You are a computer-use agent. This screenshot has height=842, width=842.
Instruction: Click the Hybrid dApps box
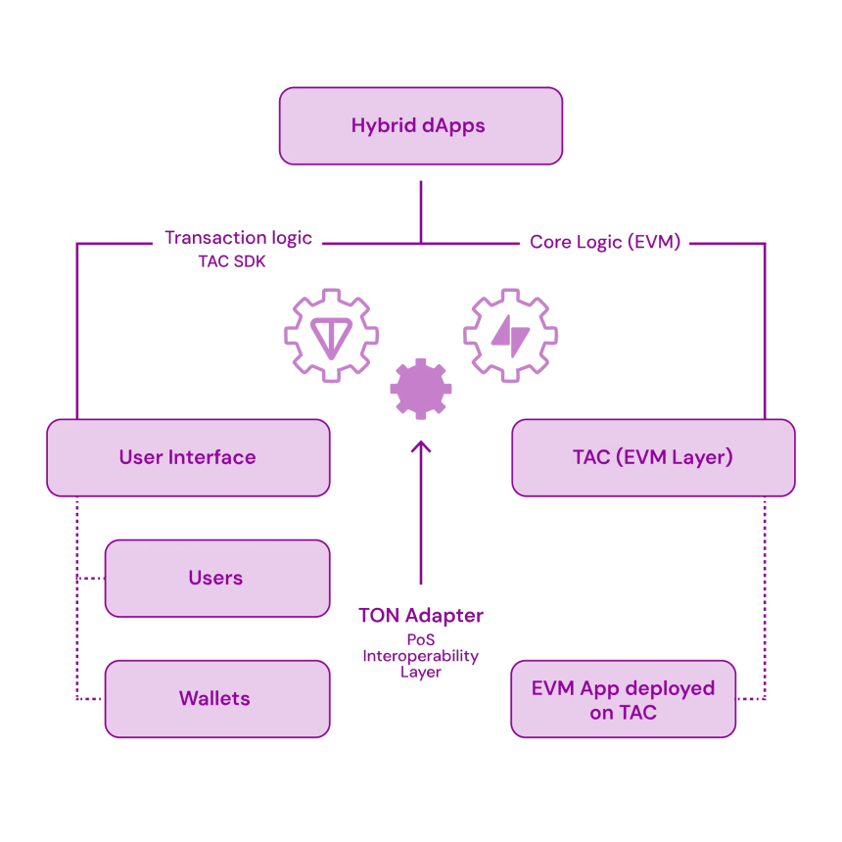[x=420, y=125]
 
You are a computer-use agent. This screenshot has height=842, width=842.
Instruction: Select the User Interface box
[x=188, y=457]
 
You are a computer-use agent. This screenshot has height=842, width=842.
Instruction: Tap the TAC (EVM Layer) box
[x=653, y=457]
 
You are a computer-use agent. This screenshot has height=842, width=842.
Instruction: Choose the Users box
[x=217, y=579]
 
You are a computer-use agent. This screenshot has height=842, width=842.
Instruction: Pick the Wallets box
[x=217, y=699]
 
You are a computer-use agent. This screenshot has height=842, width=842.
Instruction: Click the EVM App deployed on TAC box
[x=623, y=699]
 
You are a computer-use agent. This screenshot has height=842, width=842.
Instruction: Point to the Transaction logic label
[x=238, y=238]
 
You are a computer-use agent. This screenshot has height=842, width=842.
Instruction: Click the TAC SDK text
[x=232, y=261]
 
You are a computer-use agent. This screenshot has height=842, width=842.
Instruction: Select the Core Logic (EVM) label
[x=605, y=242]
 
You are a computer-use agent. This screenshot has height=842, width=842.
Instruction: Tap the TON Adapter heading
[x=421, y=616]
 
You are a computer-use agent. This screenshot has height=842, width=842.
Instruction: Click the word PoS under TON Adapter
[x=421, y=639]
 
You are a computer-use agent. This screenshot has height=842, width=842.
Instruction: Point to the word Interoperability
[x=420, y=656]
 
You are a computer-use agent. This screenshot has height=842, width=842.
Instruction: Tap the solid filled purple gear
[x=421, y=389]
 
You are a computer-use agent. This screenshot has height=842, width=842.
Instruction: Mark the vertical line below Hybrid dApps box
[x=421, y=212]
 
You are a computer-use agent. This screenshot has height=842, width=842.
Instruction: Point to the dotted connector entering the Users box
[x=91, y=579]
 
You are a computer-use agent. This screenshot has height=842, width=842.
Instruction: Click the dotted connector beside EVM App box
[x=751, y=699]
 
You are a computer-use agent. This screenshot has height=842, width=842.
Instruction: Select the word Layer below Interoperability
[x=420, y=673]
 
